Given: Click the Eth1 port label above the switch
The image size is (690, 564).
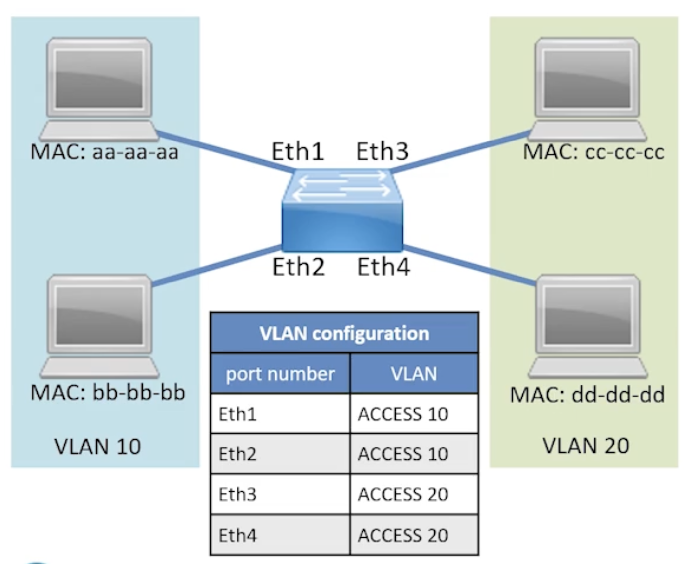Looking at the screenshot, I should pyautogui.click(x=297, y=151).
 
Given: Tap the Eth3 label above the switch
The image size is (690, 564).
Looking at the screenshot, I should pyautogui.click(x=382, y=151).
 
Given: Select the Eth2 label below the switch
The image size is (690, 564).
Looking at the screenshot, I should pyautogui.click(x=298, y=267).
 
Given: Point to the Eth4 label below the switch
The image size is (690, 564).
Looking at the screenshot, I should pyautogui.click(x=384, y=267).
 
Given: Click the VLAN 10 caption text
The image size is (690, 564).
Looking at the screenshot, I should pyautogui.click(x=97, y=446).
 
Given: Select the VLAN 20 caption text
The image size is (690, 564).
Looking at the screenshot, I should pyautogui.click(x=586, y=445).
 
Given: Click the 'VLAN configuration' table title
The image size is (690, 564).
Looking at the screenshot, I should pyautogui.click(x=344, y=333).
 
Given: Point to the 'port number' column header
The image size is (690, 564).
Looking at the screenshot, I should pyautogui.click(x=280, y=374).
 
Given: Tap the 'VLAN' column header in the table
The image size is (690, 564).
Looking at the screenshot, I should pyautogui.click(x=414, y=374).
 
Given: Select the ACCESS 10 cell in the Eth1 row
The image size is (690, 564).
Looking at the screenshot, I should pyautogui.click(x=403, y=414).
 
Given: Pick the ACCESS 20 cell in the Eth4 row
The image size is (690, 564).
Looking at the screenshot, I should pyautogui.click(x=403, y=535).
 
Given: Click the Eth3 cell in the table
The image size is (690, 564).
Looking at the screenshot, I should pyautogui.click(x=237, y=494).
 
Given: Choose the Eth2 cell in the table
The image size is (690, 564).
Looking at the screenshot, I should pyautogui.click(x=237, y=454).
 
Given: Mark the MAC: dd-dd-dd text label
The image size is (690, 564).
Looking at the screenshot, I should pyautogui.click(x=587, y=395).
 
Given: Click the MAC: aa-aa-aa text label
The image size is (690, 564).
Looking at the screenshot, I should pyautogui.click(x=104, y=152).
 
